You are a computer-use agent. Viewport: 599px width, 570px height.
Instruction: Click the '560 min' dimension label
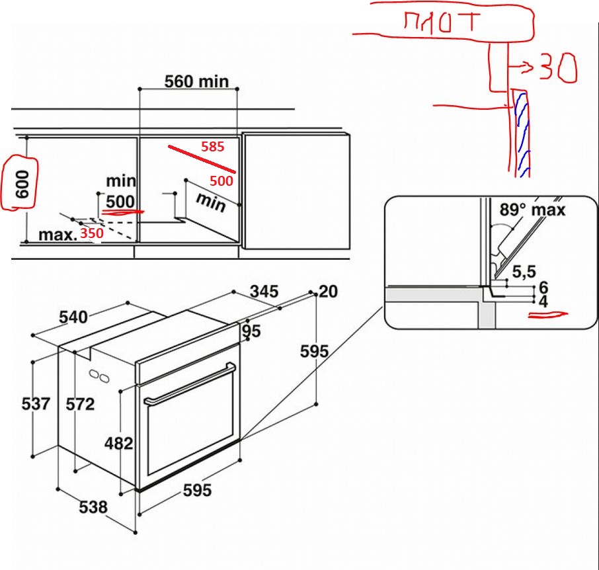(x=196, y=81)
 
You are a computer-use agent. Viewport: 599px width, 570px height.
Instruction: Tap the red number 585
(x=213, y=147)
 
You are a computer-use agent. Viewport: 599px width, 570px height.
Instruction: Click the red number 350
(x=91, y=234)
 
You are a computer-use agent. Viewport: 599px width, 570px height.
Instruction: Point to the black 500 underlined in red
(x=120, y=202)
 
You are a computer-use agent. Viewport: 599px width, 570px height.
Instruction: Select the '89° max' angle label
(x=533, y=210)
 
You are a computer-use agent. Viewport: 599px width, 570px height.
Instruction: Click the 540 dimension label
(x=73, y=317)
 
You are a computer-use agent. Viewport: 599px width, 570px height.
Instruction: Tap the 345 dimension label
(x=264, y=291)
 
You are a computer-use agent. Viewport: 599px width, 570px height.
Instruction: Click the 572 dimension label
(x=81, y=404)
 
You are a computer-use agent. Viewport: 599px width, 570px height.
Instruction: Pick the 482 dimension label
(x=119, y=443)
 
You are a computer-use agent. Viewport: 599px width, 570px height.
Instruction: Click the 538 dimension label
(x=93, y=507)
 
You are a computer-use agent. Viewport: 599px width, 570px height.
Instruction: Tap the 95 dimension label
(x=251, y=331)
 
